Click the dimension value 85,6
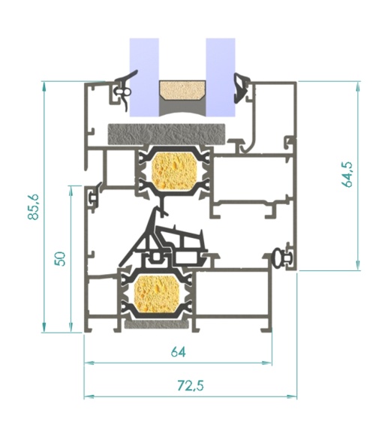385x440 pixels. point(35,206)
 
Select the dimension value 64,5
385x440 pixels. point(347,174)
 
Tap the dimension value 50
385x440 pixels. point(60,258)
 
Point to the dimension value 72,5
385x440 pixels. point(191,385)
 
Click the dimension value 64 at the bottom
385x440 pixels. point(179,351)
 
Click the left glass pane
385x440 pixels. point(144,77)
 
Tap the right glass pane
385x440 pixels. point(221,77)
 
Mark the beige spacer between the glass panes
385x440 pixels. point(182,90)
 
